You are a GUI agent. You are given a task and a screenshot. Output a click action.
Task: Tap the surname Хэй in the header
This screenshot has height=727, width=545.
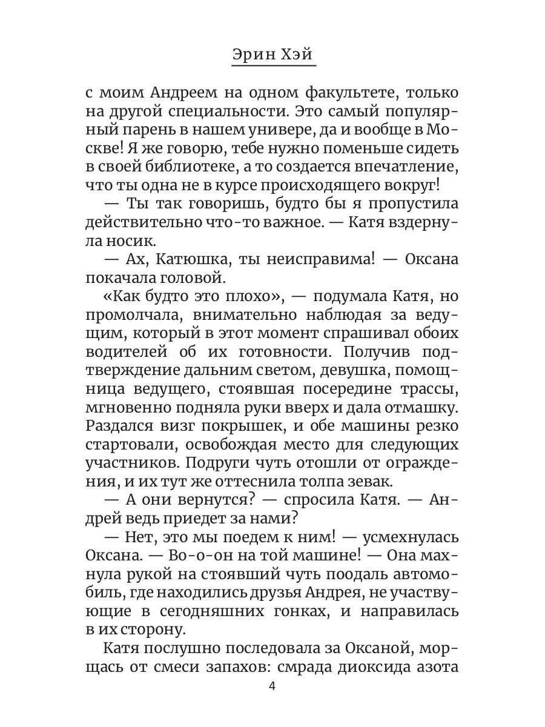(x=298, y=55)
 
